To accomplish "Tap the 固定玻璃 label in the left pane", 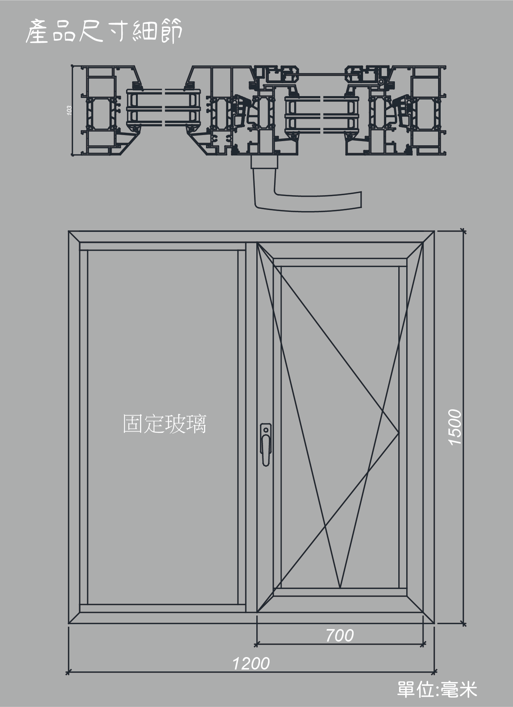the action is [x=165, y=424].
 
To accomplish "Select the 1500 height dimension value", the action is [x=455, y=427].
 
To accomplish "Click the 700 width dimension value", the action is [x=340, y=636].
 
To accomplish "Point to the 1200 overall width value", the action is [x=251, y=664].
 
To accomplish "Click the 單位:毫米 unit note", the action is [x=437, y=689].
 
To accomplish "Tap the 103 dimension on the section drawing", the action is [x=69, y=110].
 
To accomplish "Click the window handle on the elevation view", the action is [x=266, y=444].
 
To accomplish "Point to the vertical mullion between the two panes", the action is [x=251, y=427].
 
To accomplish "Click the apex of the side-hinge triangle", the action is [x=399, y=432].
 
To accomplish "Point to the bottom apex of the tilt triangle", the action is [x=340, y=588].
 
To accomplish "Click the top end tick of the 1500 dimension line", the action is [x=462, y=230].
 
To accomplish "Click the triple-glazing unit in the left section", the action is [x=163, y=107].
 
